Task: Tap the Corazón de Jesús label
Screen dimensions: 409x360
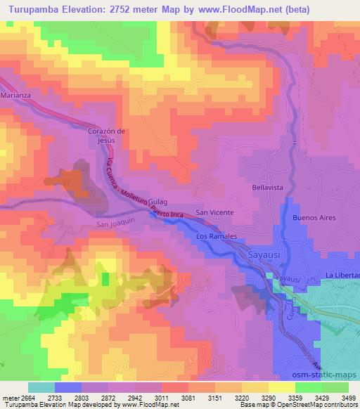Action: pyautogui.click(x=105, y=135)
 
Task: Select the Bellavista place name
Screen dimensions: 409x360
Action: pyautogui.click(x=267, y=188)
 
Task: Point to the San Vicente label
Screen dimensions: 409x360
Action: pyautogui.click(x=214, y=212)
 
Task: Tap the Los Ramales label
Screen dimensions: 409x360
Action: pyautogui.click(x=217, y=236)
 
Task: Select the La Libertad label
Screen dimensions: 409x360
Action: pyautogui.click(x=342, y=274)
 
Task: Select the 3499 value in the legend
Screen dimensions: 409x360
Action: pyautogui.click(x=349, y=397)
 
